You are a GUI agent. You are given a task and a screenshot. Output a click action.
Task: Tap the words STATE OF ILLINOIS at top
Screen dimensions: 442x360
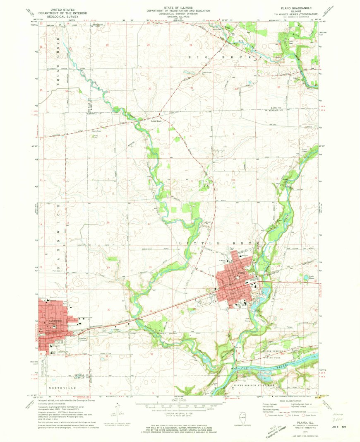pyautogui.click(x=179, y=8)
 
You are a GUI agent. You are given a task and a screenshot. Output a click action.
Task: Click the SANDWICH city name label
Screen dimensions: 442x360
pyautogui.click(x=50, y=321)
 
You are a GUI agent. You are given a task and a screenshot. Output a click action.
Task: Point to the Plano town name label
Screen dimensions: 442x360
pyautogui.click(x=242, y=272)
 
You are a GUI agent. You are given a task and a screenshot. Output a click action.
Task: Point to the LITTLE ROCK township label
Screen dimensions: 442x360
pyautogui.click(x=219, y=242)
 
